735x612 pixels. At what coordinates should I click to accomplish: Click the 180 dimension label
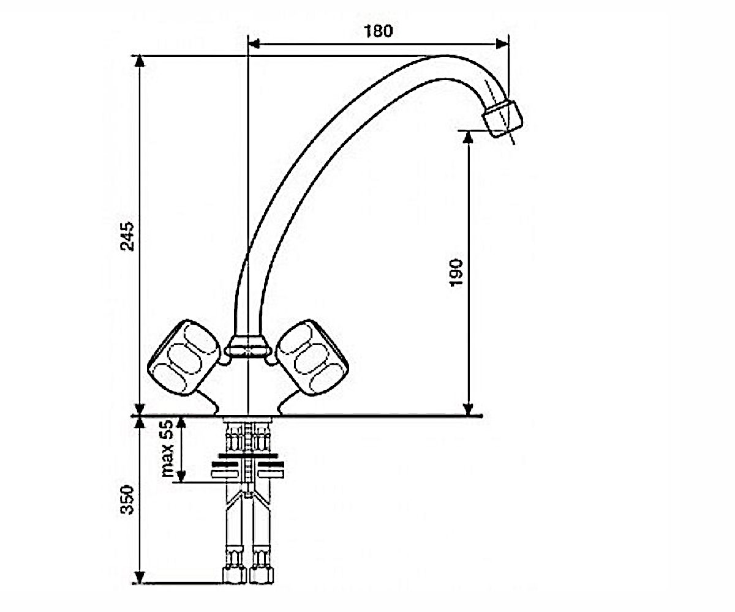378,31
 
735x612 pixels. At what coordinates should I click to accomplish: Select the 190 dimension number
456,273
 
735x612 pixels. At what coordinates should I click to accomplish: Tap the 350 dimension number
127,500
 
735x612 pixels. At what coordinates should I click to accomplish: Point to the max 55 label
168,449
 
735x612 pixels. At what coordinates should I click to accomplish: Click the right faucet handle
312,358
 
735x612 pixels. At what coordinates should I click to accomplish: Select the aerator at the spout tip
503,119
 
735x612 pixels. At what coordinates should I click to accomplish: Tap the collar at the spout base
248,346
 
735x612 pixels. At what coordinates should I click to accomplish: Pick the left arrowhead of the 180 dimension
254,44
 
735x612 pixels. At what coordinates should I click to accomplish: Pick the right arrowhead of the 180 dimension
502,44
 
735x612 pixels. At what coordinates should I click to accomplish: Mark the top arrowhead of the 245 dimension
140,61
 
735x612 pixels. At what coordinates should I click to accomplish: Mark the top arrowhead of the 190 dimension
468,136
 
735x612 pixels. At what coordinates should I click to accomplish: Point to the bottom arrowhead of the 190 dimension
468,409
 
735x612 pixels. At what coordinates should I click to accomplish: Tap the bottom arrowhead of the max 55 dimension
181,476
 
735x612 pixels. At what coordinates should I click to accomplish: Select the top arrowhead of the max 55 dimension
181,422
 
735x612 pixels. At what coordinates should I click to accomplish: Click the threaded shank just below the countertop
248,435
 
